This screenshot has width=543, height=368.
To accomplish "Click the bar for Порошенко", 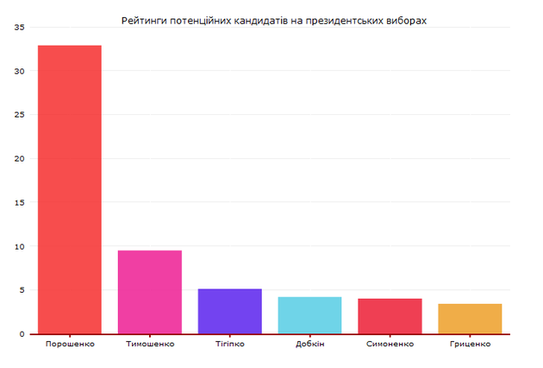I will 69,189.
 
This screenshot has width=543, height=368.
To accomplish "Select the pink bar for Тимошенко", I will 149,292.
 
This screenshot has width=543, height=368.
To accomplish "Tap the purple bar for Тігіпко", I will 229,311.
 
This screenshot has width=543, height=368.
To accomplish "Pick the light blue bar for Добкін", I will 309,315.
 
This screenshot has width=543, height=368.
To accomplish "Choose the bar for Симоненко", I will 390,316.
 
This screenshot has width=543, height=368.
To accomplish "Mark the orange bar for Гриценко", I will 470,319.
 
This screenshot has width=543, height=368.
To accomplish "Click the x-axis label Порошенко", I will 69,344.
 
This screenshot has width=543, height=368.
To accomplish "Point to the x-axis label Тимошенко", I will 149,344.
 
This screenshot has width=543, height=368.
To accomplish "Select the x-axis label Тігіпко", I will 229,344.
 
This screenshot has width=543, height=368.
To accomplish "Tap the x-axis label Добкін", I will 309,344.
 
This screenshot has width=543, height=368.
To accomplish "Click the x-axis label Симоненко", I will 390,344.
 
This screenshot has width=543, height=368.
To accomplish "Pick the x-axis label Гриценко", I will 470,344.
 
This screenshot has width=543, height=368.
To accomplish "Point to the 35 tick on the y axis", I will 20,27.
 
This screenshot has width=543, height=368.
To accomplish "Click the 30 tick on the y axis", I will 20,71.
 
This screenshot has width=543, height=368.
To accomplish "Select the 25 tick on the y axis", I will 20,115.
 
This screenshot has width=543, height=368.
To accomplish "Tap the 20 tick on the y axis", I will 20,159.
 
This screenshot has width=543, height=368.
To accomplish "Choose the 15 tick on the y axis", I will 20,202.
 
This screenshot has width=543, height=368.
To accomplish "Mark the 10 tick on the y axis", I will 20,246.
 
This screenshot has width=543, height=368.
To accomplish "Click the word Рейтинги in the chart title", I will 144,19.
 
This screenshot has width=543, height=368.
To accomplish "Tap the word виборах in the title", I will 405,19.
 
